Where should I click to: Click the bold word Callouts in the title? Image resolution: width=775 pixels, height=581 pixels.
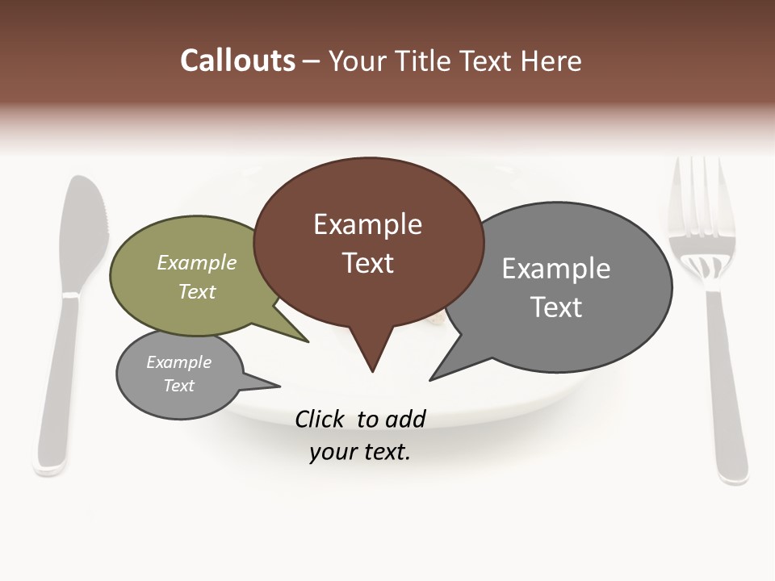tap(237, 61)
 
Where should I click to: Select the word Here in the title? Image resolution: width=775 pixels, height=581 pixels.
tap(552, 61)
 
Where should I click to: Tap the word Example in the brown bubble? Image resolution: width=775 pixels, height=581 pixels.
tap(367, 224)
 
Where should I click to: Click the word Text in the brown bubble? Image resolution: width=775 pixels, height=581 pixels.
tap(367, 263)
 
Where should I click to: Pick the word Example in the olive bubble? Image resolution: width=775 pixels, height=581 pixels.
tap(196, 263)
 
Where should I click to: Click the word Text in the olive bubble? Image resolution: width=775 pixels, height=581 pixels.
tap(196, 291)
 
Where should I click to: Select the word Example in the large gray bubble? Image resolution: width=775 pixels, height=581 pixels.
tap(555, 269)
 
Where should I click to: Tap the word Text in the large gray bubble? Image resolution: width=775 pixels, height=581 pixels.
tap(555, 307)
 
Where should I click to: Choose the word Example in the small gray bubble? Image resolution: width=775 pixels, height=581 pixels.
tap(178, 362)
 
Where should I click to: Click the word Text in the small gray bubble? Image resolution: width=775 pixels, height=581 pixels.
tap(178, 386)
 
